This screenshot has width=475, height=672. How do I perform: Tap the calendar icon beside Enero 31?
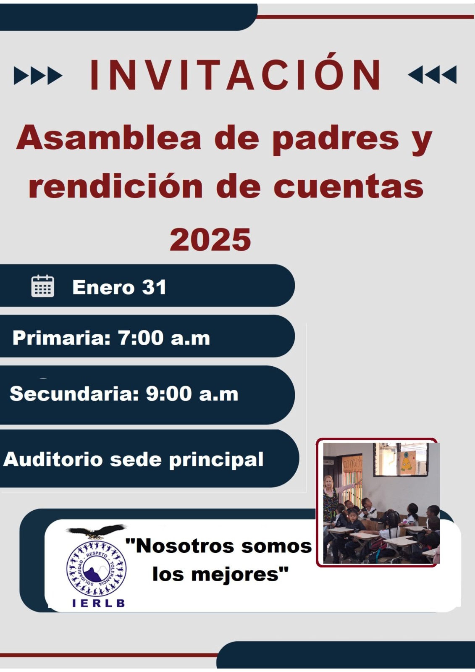tap(42, 286)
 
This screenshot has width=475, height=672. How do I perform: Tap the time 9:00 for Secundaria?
tap(169, 394)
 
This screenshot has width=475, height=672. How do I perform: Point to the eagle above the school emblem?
tap(96, 532)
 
